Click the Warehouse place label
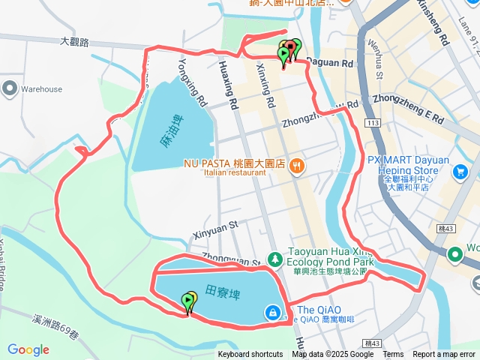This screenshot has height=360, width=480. pos(41,89)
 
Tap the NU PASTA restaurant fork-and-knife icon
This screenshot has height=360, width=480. pos(297,166)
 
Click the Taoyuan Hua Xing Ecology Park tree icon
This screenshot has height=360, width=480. pos(275,259)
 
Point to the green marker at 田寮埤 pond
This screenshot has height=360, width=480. pos(187,302)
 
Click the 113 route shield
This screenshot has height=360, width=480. pos(371,122)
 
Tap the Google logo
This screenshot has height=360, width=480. pos(28,349)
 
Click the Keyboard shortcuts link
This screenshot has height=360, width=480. pos(250,355)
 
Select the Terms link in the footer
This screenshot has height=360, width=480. pos(393,355)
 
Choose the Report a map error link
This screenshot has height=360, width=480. pos(445,355)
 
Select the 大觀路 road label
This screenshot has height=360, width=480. pos(74,43)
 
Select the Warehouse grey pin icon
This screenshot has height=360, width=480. pos(9,88)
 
